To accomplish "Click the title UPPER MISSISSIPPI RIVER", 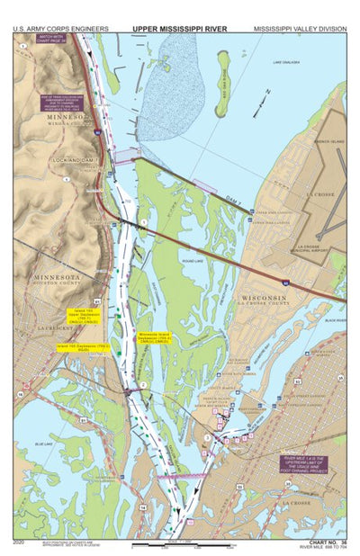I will [180, 29].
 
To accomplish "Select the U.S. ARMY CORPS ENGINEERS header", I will [56, 29].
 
